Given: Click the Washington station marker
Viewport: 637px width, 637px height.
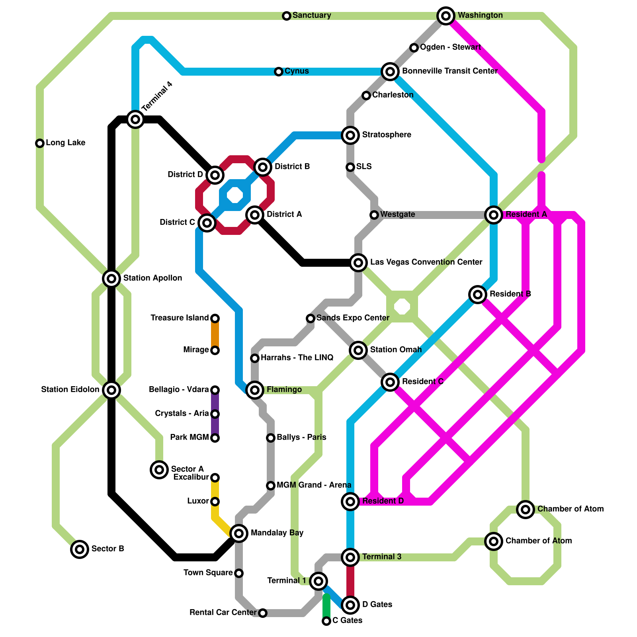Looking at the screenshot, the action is coord(446,16).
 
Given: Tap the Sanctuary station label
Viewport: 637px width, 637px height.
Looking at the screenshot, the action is coord(312,16).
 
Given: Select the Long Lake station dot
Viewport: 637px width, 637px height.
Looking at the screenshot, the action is coord(40,143).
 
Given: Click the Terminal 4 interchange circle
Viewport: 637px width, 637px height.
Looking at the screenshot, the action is coord(135,119).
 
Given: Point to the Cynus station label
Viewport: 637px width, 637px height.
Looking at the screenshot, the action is coord(297,71).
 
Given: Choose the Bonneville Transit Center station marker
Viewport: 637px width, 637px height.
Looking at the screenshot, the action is coord(390,72).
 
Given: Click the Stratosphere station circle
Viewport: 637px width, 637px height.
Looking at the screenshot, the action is coord(350,135).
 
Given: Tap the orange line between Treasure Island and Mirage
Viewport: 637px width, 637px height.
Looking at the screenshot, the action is coord(215,334).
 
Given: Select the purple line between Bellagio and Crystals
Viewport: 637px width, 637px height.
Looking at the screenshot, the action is coord(215,402).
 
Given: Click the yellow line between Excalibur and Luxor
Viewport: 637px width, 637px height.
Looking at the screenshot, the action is coord(215,490).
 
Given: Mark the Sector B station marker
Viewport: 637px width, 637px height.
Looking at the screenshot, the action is coord(80,549).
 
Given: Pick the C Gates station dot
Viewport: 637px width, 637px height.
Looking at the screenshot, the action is coord(326,621).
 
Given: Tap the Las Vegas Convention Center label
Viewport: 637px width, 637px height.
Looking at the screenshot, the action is coord(426,262).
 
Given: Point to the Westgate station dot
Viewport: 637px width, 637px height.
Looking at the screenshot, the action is coord(374,215).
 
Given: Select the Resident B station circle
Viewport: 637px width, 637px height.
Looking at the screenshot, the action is coord(478,295).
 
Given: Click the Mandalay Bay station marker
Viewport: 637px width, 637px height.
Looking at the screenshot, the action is coord(239,533).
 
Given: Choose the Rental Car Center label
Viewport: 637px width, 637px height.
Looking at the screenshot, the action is coord(223,613).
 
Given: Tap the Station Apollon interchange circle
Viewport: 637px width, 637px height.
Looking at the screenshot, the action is coord(111,279).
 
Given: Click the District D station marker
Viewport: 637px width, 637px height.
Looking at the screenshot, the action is coord(215,175).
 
